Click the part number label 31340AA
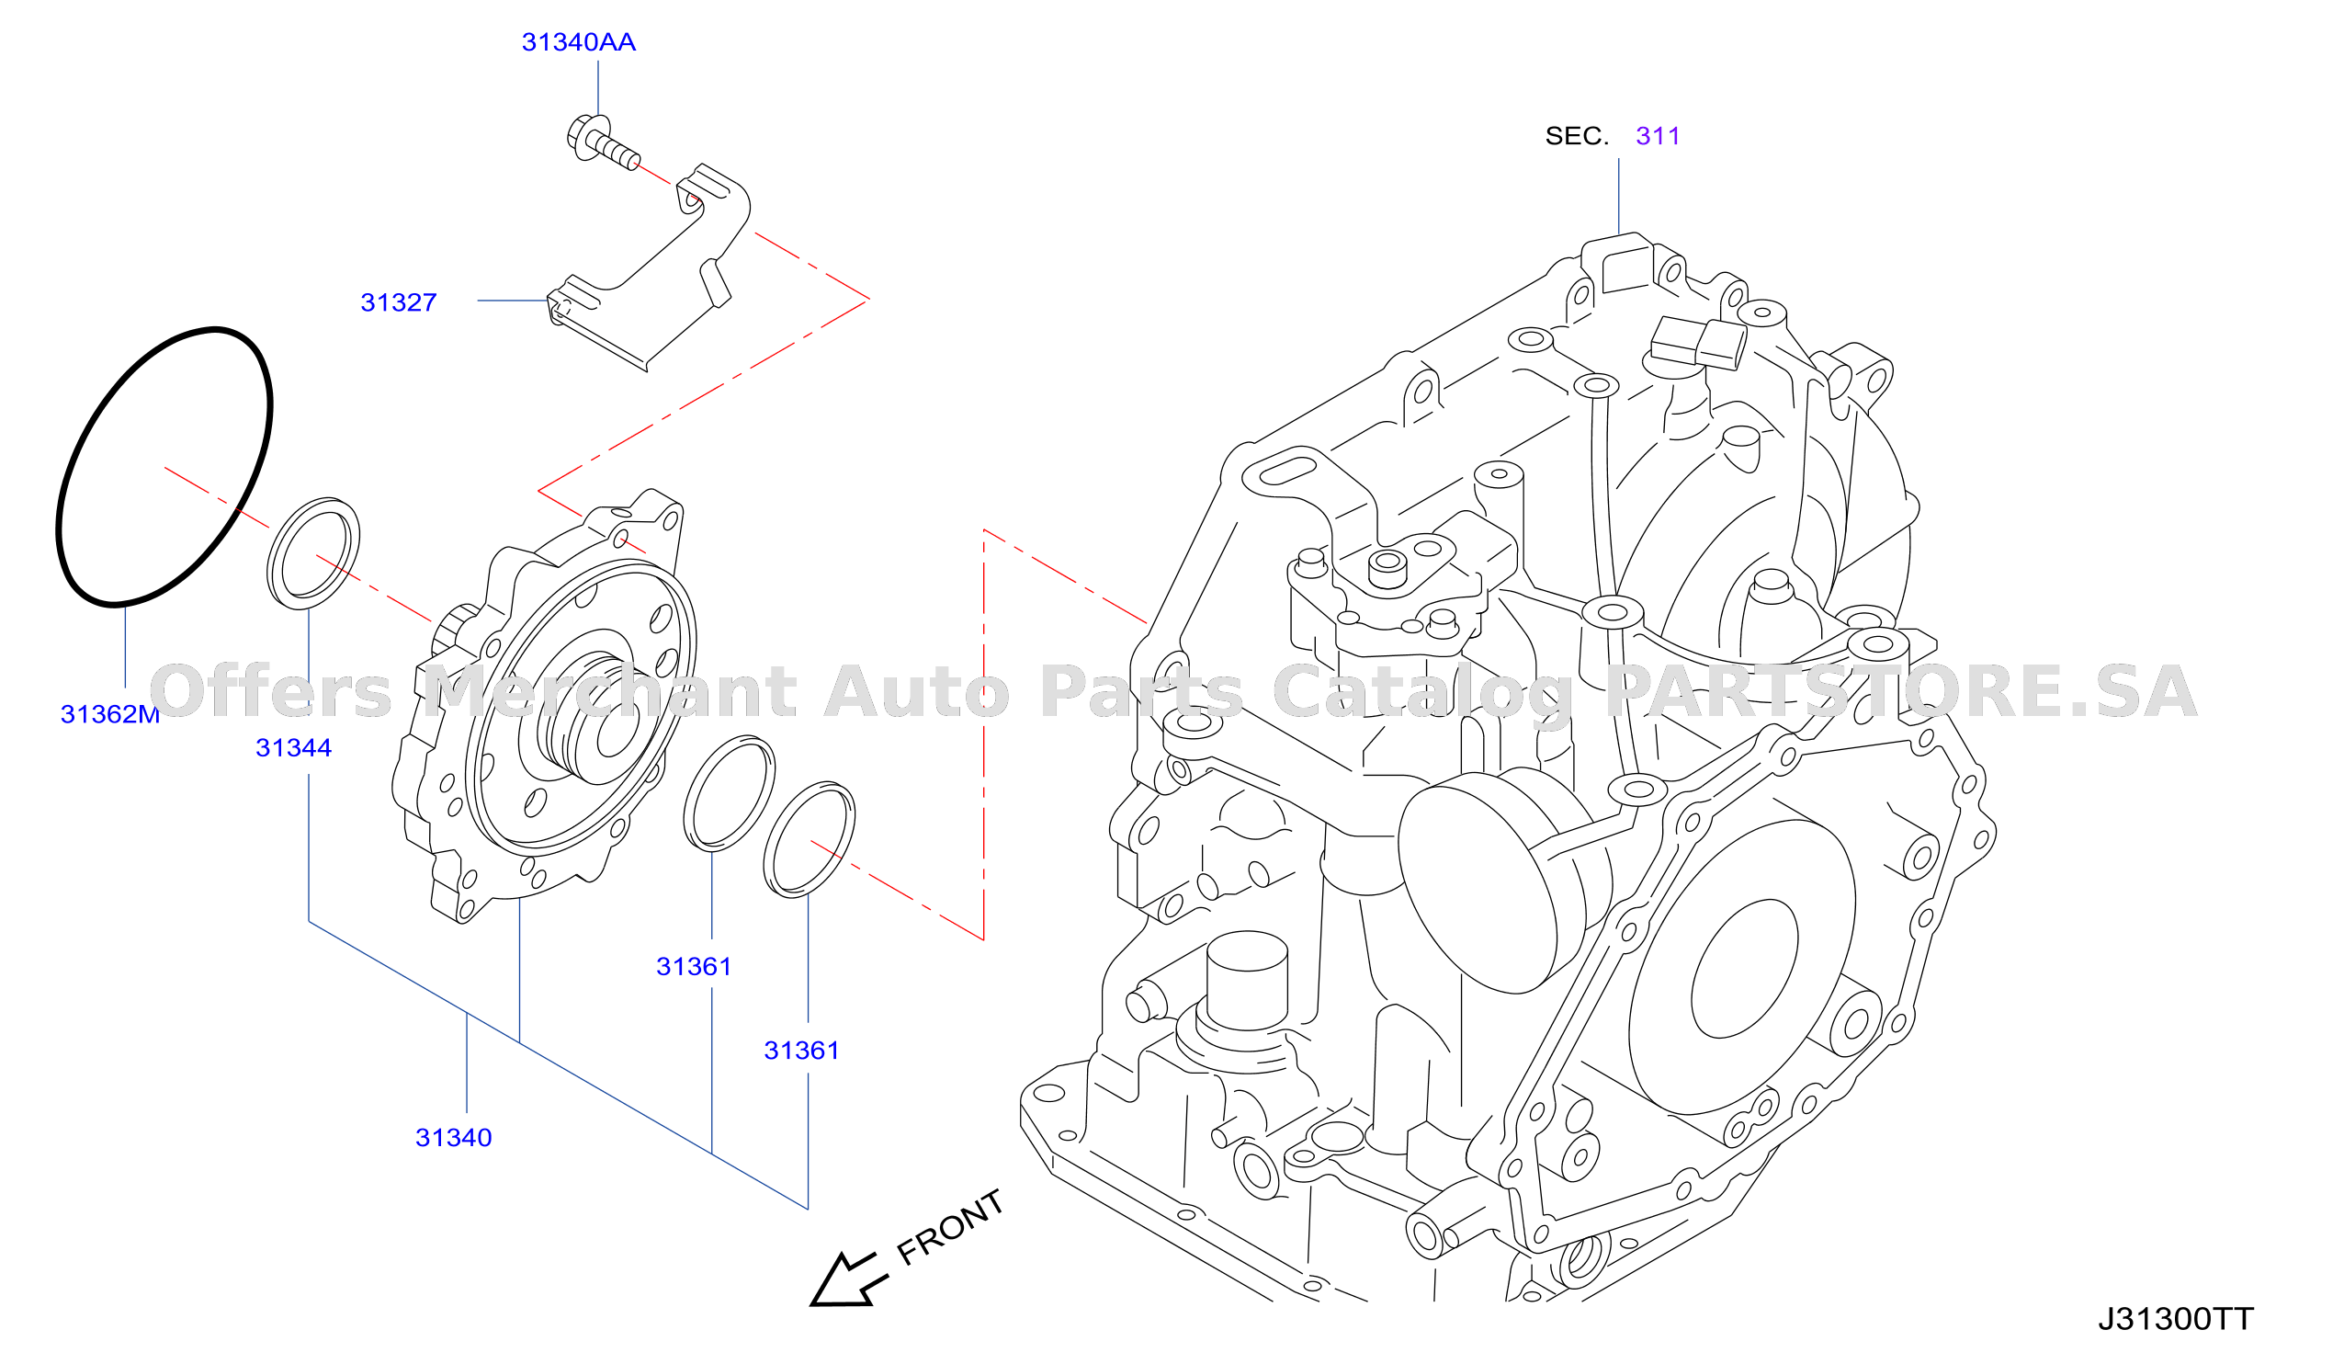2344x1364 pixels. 579,42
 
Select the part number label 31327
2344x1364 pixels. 398,302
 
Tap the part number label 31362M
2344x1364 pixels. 109,714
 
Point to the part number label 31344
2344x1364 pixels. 293,748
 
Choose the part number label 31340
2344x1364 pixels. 453,1138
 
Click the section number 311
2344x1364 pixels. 1658,136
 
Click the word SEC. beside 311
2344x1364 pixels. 1577,136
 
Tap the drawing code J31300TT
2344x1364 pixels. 2176,1319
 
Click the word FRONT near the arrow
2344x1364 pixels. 950,1227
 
